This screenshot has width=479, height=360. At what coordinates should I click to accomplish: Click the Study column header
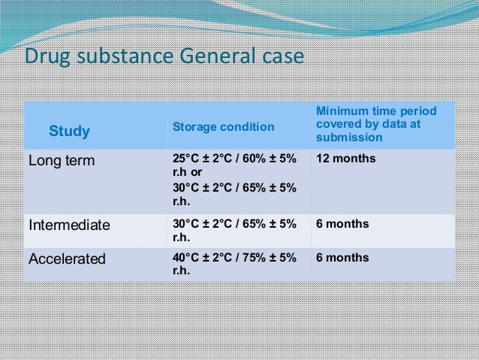[x=69, y=132]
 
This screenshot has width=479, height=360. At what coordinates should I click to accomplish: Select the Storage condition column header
[x=224, y=127]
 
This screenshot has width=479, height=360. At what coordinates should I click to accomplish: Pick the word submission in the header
[x=349, y=138]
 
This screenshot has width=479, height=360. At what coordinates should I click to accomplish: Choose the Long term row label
[x=59, y=160]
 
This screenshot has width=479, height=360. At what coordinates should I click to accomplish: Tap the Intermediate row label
[x=69, y=225]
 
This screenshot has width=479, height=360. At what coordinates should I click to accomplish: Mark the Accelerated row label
[x=67, y=259]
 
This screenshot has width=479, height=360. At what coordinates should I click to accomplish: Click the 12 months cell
[x=345, y=159]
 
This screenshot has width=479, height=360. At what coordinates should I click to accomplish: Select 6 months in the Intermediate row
[x=342, y=224]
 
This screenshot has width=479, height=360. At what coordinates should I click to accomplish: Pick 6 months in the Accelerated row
[x=342, y=258]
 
